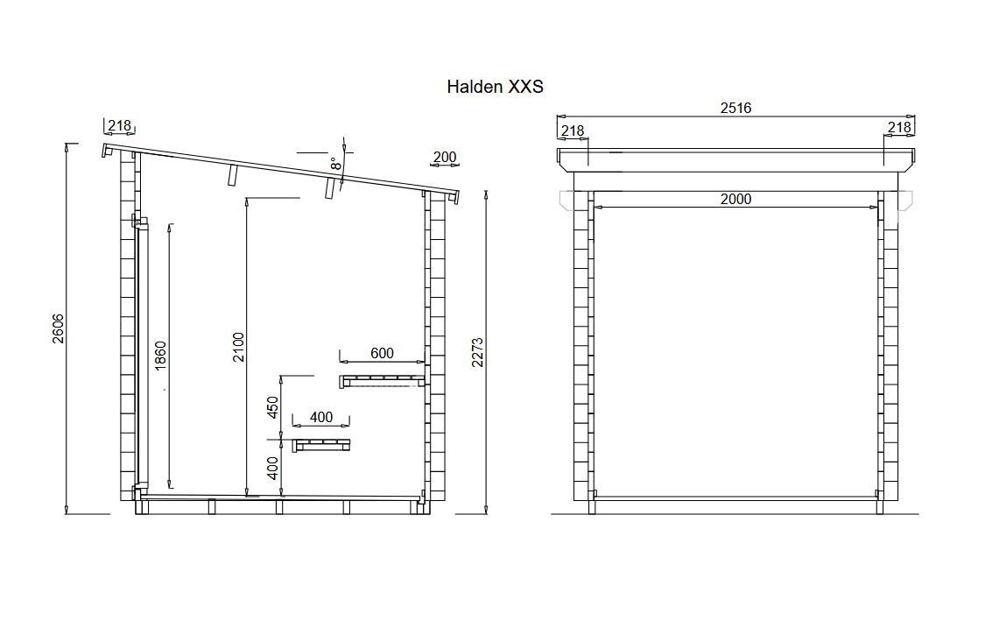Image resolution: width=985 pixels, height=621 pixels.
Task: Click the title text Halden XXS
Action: point(495,87)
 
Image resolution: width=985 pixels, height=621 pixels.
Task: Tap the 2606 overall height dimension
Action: point(58,328)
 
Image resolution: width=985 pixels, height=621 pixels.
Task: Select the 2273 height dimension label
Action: point(478,352)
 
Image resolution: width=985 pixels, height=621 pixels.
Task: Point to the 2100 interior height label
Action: point(239,346)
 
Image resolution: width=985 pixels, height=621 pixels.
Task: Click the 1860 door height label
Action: point(161,355)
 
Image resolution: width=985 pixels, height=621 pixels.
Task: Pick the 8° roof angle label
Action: point(337,164)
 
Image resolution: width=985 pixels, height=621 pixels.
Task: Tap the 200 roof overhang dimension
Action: point(445,157)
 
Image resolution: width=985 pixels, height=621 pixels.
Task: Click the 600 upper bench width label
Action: point(382,353)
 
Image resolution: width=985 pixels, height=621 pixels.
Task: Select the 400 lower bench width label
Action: point(321,417)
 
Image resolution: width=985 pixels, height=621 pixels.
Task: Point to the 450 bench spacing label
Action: point(272,407)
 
